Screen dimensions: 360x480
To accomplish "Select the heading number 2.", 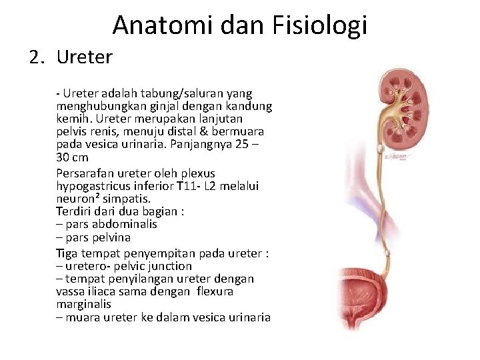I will click(37, 57).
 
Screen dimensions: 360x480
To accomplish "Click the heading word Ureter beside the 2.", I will click(85, 57).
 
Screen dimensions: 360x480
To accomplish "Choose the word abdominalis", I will click(125, 224).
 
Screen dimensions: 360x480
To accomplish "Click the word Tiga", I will click(67, 253).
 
